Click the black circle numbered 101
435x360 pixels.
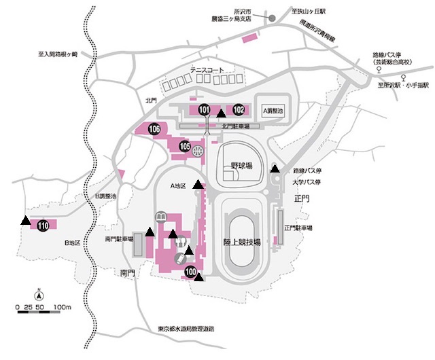click(205, 110)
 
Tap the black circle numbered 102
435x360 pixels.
click(239, 110)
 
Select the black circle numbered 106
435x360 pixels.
click(155, 129)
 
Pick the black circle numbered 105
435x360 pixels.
click(185, 145)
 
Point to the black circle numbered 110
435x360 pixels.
click(43, 226)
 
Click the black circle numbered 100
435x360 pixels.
click(190, 273)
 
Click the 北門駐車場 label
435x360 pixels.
click(236, 126)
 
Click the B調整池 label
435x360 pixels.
click(105, 196)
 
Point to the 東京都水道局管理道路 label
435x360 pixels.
click(185, 329)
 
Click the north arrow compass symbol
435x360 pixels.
click(39, 295)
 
